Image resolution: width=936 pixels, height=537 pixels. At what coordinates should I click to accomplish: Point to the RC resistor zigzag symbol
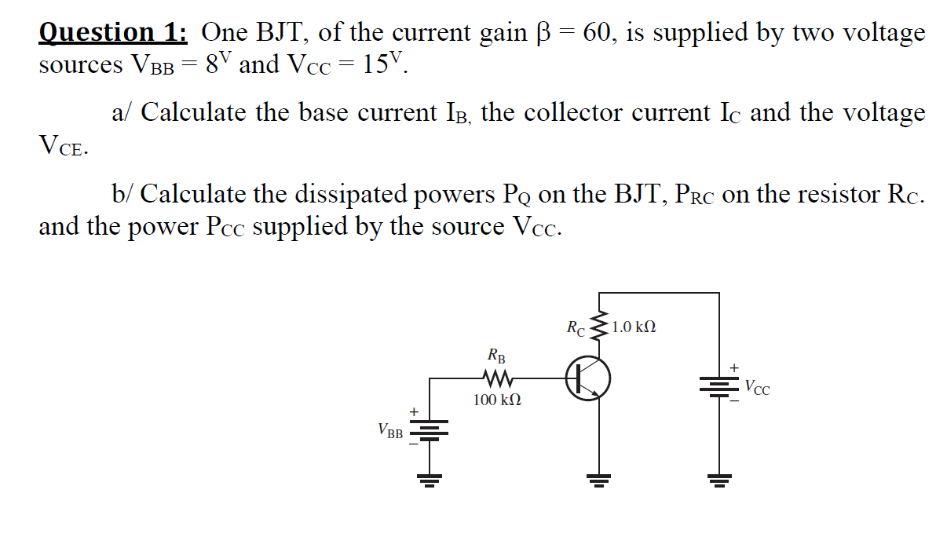[601, 324]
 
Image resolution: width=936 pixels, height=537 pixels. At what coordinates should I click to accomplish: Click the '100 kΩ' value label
[496, 400]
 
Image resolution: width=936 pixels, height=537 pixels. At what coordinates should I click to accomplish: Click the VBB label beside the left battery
[389, 430]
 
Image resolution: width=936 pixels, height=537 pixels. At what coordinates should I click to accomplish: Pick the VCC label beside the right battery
[757, 386]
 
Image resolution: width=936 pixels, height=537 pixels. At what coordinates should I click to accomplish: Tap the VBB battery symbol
[429, 430]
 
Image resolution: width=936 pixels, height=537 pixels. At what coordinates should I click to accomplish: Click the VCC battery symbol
[718, 385]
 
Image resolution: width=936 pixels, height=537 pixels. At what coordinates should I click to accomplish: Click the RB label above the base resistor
[496, 356]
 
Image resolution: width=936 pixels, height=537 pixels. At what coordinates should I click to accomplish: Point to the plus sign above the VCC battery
[735, 367]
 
